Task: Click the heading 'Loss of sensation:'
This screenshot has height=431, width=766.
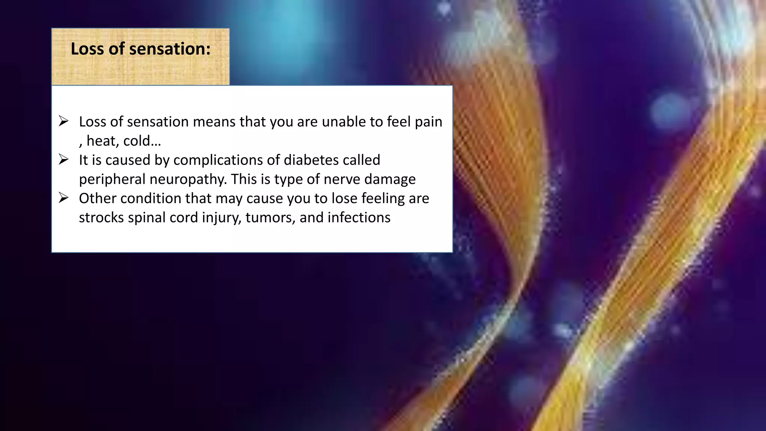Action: pyautogui.click(x=141, y=49)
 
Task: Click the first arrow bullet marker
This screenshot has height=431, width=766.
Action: pyautogui.click(x=64, y=121)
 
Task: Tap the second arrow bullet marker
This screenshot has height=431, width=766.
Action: pyautogui.click(x=64, y=160)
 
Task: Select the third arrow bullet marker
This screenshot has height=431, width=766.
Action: pyautogui.click(x=64, y=198)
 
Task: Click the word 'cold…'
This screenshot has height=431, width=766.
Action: pyautogui.click(x=142, y=141)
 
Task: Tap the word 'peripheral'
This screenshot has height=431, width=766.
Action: pyautogui.click(x=112, y=180)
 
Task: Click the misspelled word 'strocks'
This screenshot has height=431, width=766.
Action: pyautogui.click(x=101, y=218)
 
